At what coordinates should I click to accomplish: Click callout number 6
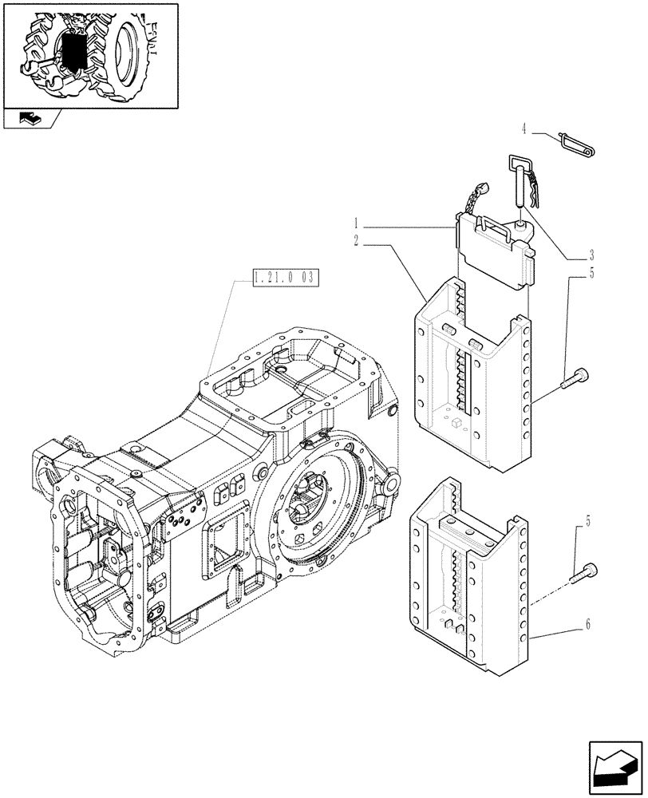click(x=587, y=625)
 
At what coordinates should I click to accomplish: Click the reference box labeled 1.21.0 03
click(x=285, y=279)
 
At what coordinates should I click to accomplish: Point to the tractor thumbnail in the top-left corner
click(x=89, y=53)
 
